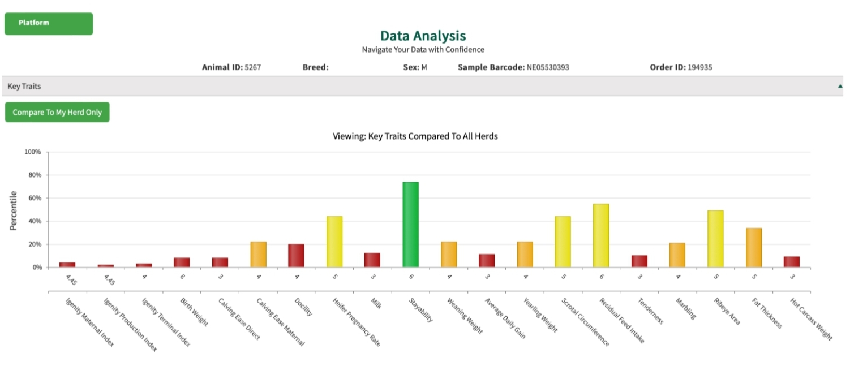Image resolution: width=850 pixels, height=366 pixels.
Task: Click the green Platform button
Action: [x=49, y=24]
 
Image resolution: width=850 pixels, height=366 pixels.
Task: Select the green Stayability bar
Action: [x=410, y=225]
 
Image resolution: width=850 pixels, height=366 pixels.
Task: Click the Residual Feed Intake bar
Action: [x=601, y=235]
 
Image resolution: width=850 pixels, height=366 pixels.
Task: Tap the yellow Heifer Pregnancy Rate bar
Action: [x=334, y=242]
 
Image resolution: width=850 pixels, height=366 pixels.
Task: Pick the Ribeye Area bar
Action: [x=715, y=239]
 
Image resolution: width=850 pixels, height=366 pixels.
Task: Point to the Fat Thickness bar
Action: [x=754, y=247]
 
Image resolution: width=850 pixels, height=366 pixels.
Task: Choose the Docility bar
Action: [x=296, y=256]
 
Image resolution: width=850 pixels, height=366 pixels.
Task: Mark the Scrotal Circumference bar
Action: [x=563, y=242]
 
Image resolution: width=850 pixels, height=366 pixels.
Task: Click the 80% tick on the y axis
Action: [x=33, y=175]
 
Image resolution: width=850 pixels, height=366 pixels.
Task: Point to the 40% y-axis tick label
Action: [x=33, y=221]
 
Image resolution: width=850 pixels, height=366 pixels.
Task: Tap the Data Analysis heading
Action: [x=423, y=36]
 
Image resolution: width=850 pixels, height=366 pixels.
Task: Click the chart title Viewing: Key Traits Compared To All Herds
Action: [x=415, y=136]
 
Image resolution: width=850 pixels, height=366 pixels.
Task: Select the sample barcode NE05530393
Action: [x=548, y=67]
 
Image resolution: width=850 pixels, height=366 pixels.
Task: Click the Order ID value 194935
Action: [x=699, y=67]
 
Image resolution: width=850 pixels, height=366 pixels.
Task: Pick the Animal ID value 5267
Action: [x=252, y=67]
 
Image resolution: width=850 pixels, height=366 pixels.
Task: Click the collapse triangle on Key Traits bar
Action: [x=840, y=87]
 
